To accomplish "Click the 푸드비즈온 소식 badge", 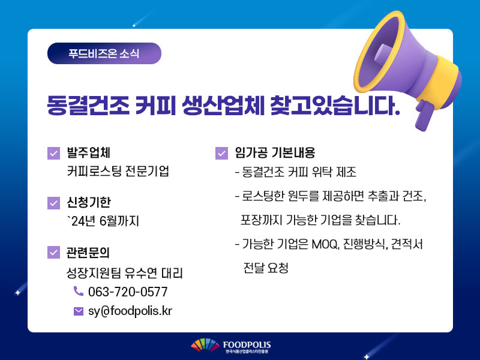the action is click(x=104, y=53).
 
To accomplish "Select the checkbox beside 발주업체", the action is click(x=53, y=153).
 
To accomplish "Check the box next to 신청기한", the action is click(x=53, y=203).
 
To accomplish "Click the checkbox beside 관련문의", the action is click(x=53, y=252).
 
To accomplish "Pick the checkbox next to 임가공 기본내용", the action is click(x=221, y=153).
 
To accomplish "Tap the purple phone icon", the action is click(x=79, y=291).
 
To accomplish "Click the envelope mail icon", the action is click(x=79, y=311).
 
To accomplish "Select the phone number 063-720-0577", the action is click(x=128, y=292).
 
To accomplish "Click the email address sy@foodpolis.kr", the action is click(x=130, y=311).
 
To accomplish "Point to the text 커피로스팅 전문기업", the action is click(x=118, y=171).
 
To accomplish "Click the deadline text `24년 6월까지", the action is click(x=103, y=221).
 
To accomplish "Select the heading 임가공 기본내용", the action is click(x=275, y=152).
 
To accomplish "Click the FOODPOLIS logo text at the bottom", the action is click(x=247, y=345).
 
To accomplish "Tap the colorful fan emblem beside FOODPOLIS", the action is click(x=205, y=344).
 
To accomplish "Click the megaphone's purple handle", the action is click(x=425, y=115).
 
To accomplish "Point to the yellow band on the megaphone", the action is click(x=441, y=82).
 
